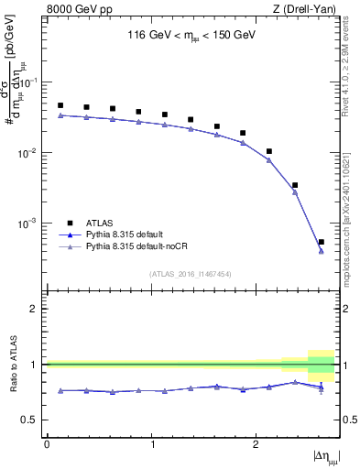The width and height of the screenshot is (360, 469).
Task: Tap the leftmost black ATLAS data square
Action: click(x=60, y=105)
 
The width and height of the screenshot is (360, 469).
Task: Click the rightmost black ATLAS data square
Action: click(x=321, y=242)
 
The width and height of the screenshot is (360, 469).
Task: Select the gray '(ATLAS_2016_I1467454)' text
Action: click(x=190, y=274)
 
